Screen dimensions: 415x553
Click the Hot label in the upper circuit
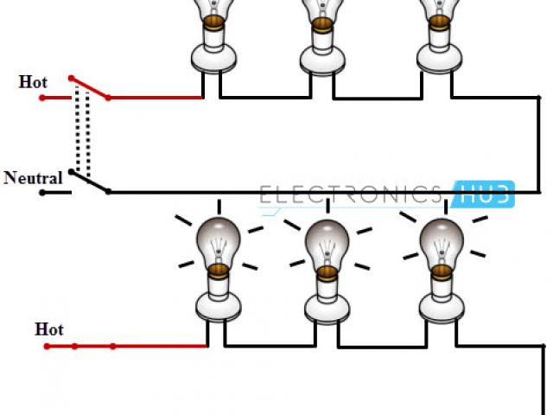click(33, 82)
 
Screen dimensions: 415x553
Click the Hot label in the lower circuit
click(49, 329)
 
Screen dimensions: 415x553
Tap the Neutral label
click(33, 179)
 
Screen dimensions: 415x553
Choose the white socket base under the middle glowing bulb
click(327, 305)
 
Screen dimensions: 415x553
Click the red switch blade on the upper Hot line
click(89, 87)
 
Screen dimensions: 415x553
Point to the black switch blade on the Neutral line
click(89, 182)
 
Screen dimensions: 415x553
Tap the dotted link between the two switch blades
click(83, 134)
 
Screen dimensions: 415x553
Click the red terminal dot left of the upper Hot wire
click(41, 98)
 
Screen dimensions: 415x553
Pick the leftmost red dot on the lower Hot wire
click(46, 347)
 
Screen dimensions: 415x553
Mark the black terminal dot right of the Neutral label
click(41, 192)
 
